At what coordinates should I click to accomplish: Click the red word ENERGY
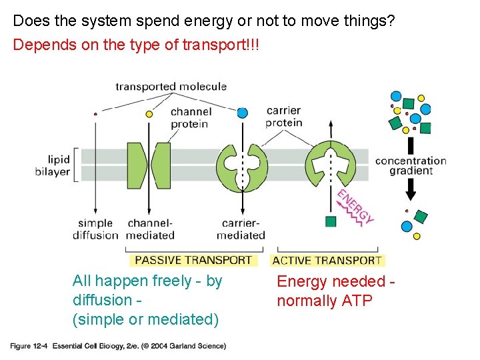click(355, 206)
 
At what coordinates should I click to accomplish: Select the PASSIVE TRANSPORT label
click(194, 261)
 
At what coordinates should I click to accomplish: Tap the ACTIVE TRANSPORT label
click(327, 261)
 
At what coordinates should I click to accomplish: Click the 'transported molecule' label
click(171, 87)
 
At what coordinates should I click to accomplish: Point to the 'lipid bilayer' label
click(53, 165)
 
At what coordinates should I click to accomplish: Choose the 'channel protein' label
click(189, 118)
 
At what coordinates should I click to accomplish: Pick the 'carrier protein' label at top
click(283, 116)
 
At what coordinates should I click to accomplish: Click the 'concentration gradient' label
click(410, 165)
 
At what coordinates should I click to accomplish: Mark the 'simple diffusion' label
click(95, 229)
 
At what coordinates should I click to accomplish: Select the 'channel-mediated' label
click(151, 229)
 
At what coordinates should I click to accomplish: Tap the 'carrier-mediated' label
click(241, 229)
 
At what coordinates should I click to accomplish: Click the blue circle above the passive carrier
click(242, 113)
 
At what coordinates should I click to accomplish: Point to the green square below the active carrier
click(331, 221)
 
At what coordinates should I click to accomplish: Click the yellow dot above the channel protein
click(149, 114)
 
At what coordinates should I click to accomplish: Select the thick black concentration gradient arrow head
click(411, 194)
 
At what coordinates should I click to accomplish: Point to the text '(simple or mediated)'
click(145, 320)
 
